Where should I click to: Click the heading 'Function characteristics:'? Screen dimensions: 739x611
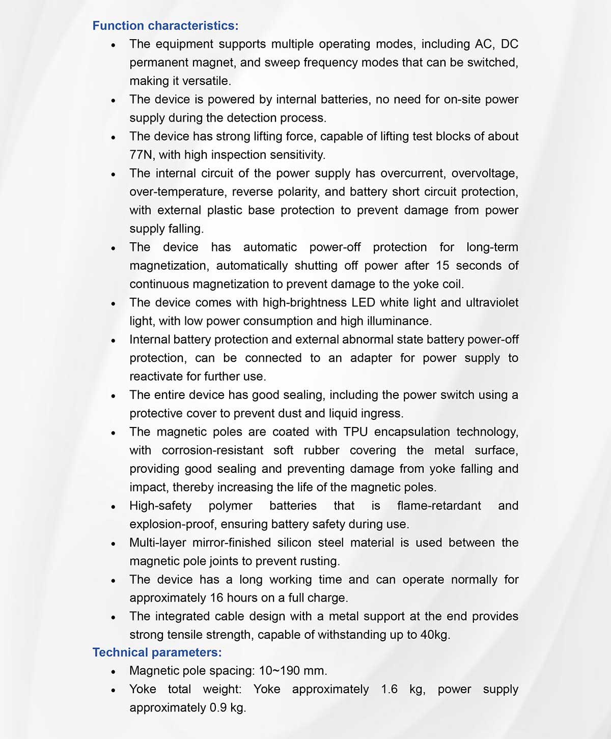[165, 25]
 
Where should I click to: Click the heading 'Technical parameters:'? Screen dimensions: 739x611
[157, 652]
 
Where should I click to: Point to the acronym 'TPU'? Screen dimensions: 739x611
[355, 432]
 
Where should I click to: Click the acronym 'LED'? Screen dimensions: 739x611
[363, 303]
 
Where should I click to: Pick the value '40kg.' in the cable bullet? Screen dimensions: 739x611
[435, 635]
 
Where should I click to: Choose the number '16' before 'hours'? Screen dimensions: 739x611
[216, 598]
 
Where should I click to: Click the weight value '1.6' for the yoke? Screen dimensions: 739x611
[389, 689]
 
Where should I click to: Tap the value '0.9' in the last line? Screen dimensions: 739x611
[218, 708]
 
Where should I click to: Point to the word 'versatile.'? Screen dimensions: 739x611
[206, 81]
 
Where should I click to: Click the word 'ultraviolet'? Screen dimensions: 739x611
[492, 303]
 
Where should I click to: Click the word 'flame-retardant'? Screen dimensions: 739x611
[439, 506]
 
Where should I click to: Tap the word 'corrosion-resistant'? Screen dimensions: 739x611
[212, 450]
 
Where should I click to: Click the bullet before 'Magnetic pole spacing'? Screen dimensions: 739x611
[114, 672]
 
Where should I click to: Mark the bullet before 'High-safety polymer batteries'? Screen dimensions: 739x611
[114, 507]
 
